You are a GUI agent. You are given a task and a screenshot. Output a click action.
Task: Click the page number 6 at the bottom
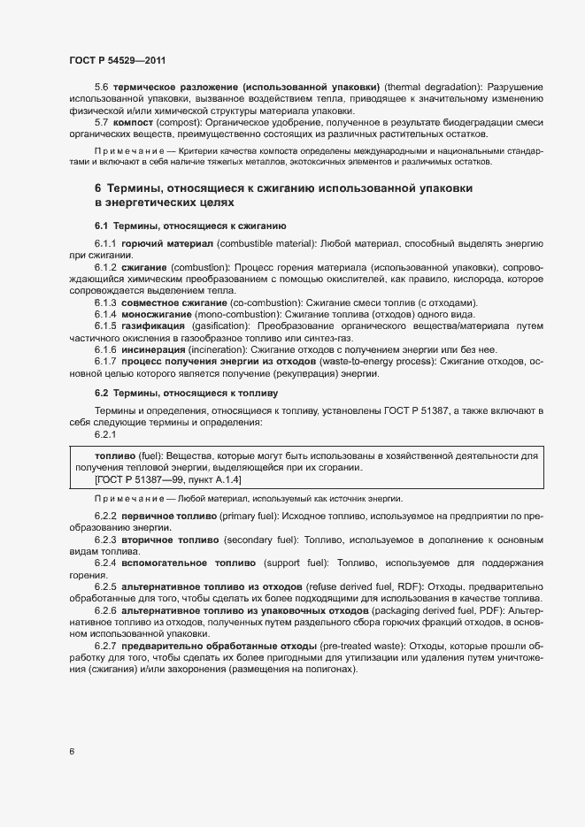pos(72,752)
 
